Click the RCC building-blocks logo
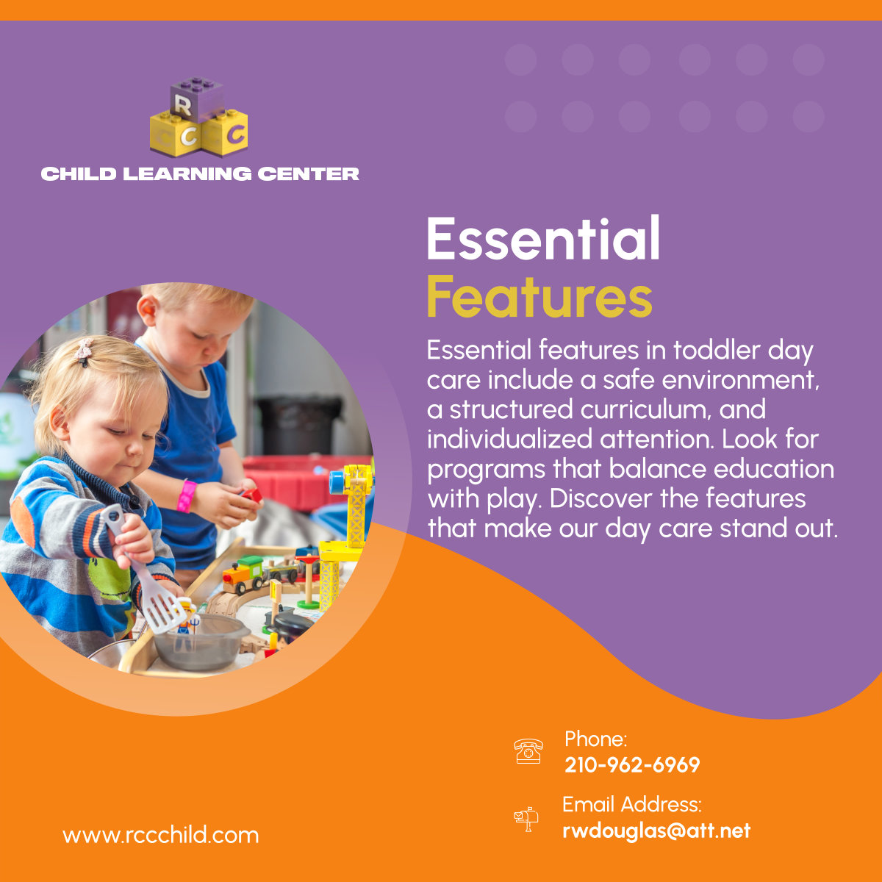(198, 118)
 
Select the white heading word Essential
(543, 239)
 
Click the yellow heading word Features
(539, 298)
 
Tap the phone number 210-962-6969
(632, 765)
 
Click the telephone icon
(528, 751)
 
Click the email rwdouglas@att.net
(656, 831)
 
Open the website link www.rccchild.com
(160, 836)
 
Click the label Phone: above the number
(595, 739)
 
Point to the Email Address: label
(632, 804)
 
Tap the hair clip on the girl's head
(84, 351)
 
